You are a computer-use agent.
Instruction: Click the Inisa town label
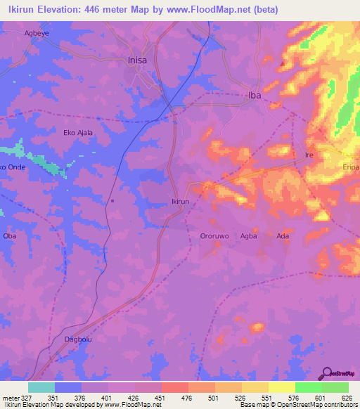(138, 60)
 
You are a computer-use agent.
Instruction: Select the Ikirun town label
(181, 201)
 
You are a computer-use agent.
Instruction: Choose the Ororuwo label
(214, 236)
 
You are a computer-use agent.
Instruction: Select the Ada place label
(283, 236)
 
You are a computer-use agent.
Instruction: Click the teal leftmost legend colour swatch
(41, 387)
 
